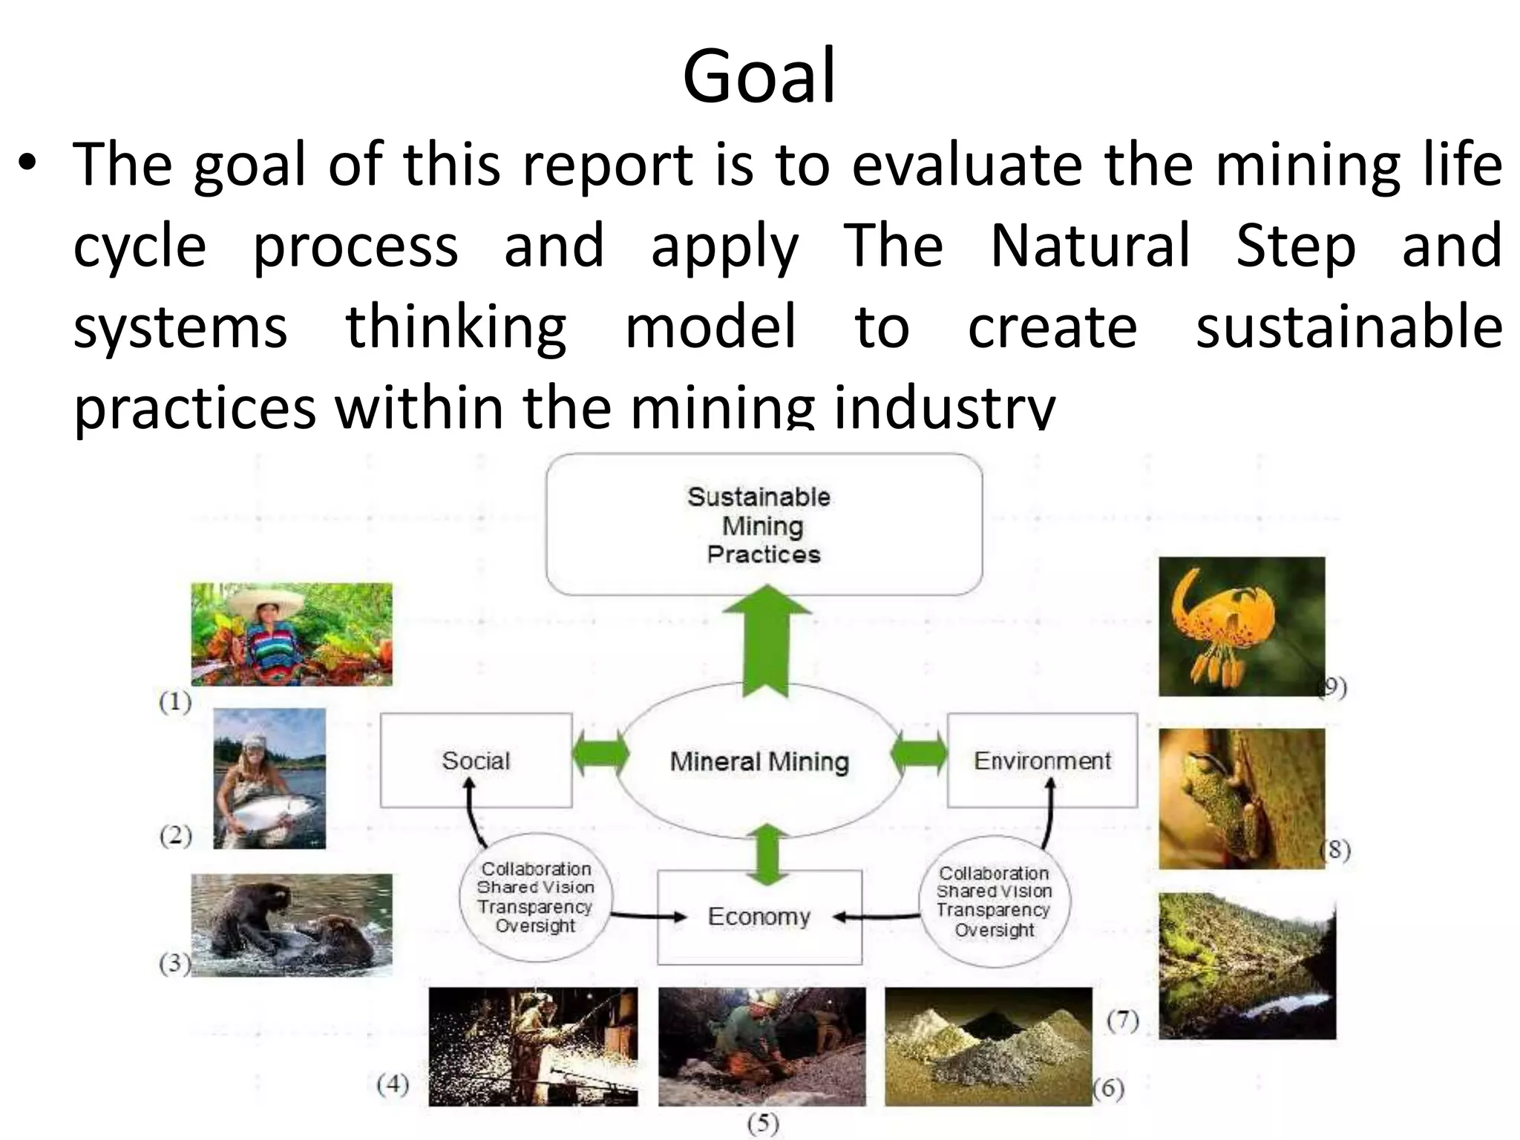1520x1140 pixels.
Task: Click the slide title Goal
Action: [x=759, y=76]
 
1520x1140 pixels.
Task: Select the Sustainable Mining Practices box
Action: [x=764, y=525]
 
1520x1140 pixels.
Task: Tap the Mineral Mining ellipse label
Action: [x=759, y=761]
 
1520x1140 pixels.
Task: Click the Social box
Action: [x=476, y=761]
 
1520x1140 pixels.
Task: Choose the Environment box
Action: [x=1042, y=761]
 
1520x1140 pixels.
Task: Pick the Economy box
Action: [x=759, y=917]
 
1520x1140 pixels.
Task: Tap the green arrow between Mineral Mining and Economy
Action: [x=767, y=854]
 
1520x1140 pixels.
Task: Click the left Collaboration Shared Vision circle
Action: [x=535, y=897]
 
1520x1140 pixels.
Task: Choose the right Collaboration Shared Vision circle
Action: [x=994, y=901]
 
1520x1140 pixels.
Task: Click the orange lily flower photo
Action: [x=1241, y=626]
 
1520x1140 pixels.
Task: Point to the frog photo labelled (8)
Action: [x=1241, y=798]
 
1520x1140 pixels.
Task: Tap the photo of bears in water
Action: [x=292, y=924]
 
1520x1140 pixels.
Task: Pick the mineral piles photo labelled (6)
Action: [x=988, y=1046]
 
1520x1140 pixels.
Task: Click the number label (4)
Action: [x=393, y=1084]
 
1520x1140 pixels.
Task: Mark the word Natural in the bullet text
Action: [x=1090, y=246]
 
